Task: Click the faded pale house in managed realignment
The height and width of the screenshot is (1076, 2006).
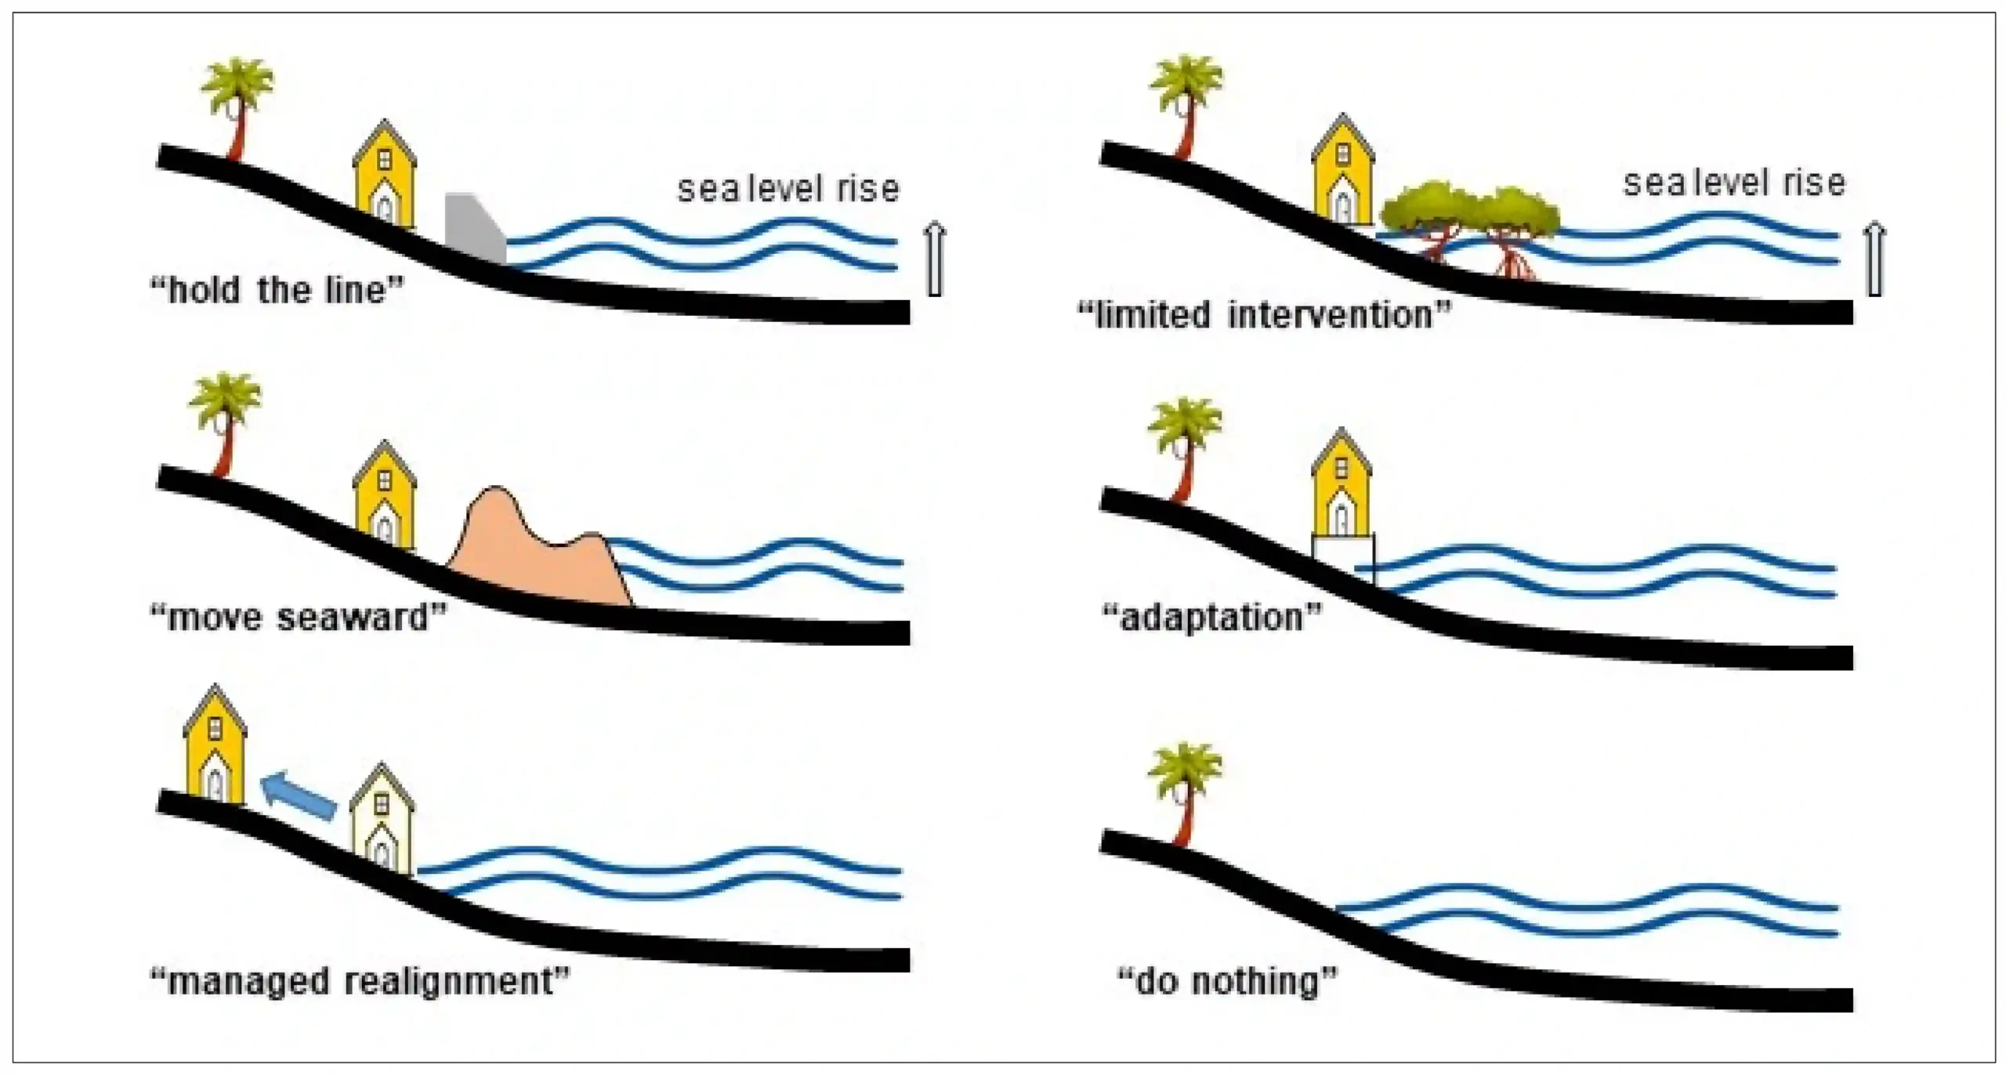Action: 382,818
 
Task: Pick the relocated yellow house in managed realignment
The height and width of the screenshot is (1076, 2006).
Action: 215,745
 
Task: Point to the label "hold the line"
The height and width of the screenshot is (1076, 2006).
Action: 277,291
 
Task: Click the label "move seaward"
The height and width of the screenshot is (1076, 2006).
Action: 298,618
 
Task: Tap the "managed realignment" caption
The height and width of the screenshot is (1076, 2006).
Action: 360,981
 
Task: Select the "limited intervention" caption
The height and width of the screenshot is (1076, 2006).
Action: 1264,315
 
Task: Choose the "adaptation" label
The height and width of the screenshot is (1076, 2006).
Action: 1212,618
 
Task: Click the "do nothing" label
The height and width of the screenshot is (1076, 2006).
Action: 1227,981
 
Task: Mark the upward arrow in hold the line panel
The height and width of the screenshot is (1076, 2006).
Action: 934,259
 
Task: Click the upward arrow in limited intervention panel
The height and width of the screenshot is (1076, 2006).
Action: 1874,259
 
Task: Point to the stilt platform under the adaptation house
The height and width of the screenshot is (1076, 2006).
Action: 1343,558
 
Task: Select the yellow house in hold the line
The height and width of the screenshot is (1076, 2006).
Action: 384,173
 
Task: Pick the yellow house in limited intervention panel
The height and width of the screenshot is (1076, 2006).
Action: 1343,169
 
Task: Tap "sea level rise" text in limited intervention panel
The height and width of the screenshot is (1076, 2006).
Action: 1734,183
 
